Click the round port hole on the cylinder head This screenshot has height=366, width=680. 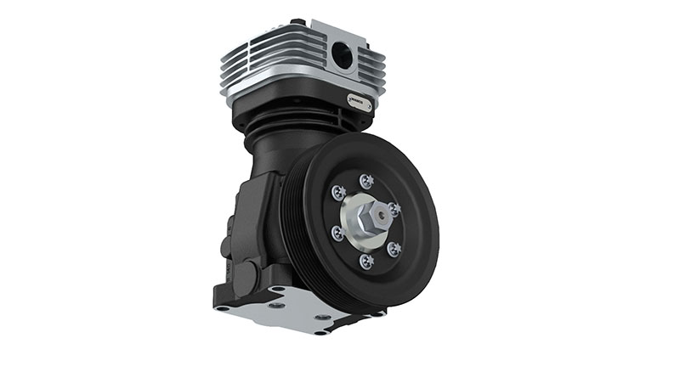pos(343,56)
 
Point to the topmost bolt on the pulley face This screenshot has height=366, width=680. pos(365,179)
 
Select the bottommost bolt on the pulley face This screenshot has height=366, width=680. pos(366,260)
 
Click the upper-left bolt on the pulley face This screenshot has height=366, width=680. pos(337,194)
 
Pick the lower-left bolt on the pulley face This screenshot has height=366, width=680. pos(337,233)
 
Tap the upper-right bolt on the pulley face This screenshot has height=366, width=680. pos(394,206)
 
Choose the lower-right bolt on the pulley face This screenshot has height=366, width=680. pos(394,247)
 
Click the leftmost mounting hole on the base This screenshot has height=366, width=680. pos(223,307)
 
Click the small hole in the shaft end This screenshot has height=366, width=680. pos(383,215)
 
